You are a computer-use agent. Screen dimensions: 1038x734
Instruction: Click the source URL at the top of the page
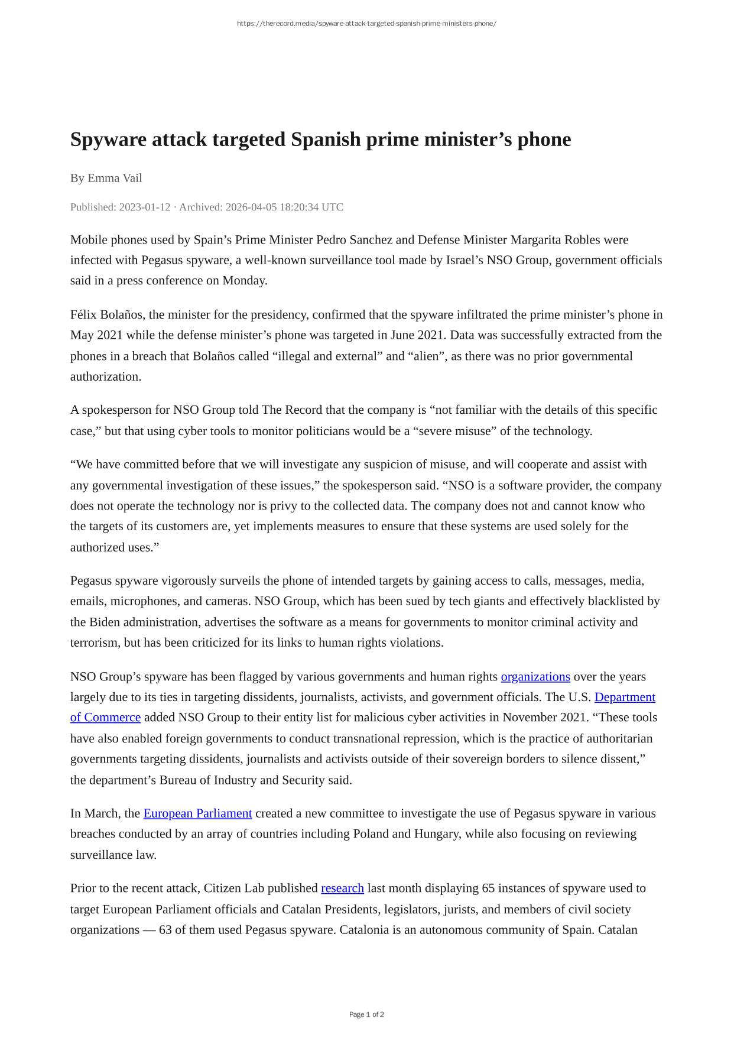366,24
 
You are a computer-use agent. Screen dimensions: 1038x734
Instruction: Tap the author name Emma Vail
115,178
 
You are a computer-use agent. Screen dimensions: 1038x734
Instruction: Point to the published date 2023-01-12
144,207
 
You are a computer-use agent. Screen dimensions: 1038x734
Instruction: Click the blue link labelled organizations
535,677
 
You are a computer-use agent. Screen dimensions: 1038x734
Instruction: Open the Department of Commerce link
625,698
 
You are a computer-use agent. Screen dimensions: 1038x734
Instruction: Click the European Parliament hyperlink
197,814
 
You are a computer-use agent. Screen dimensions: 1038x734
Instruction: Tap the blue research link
342,888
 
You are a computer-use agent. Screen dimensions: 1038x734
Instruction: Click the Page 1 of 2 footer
366,1014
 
